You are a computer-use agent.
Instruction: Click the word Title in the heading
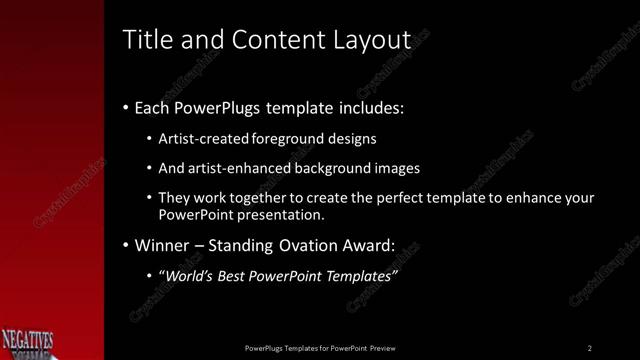(x=146, y=39)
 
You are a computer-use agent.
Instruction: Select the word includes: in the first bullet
(x=369, y=108)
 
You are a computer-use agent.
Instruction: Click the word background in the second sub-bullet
(x=341, y=168)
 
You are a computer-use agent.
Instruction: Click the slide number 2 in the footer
(x=590, y=348)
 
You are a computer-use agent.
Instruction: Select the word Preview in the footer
(x=382, y=348)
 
